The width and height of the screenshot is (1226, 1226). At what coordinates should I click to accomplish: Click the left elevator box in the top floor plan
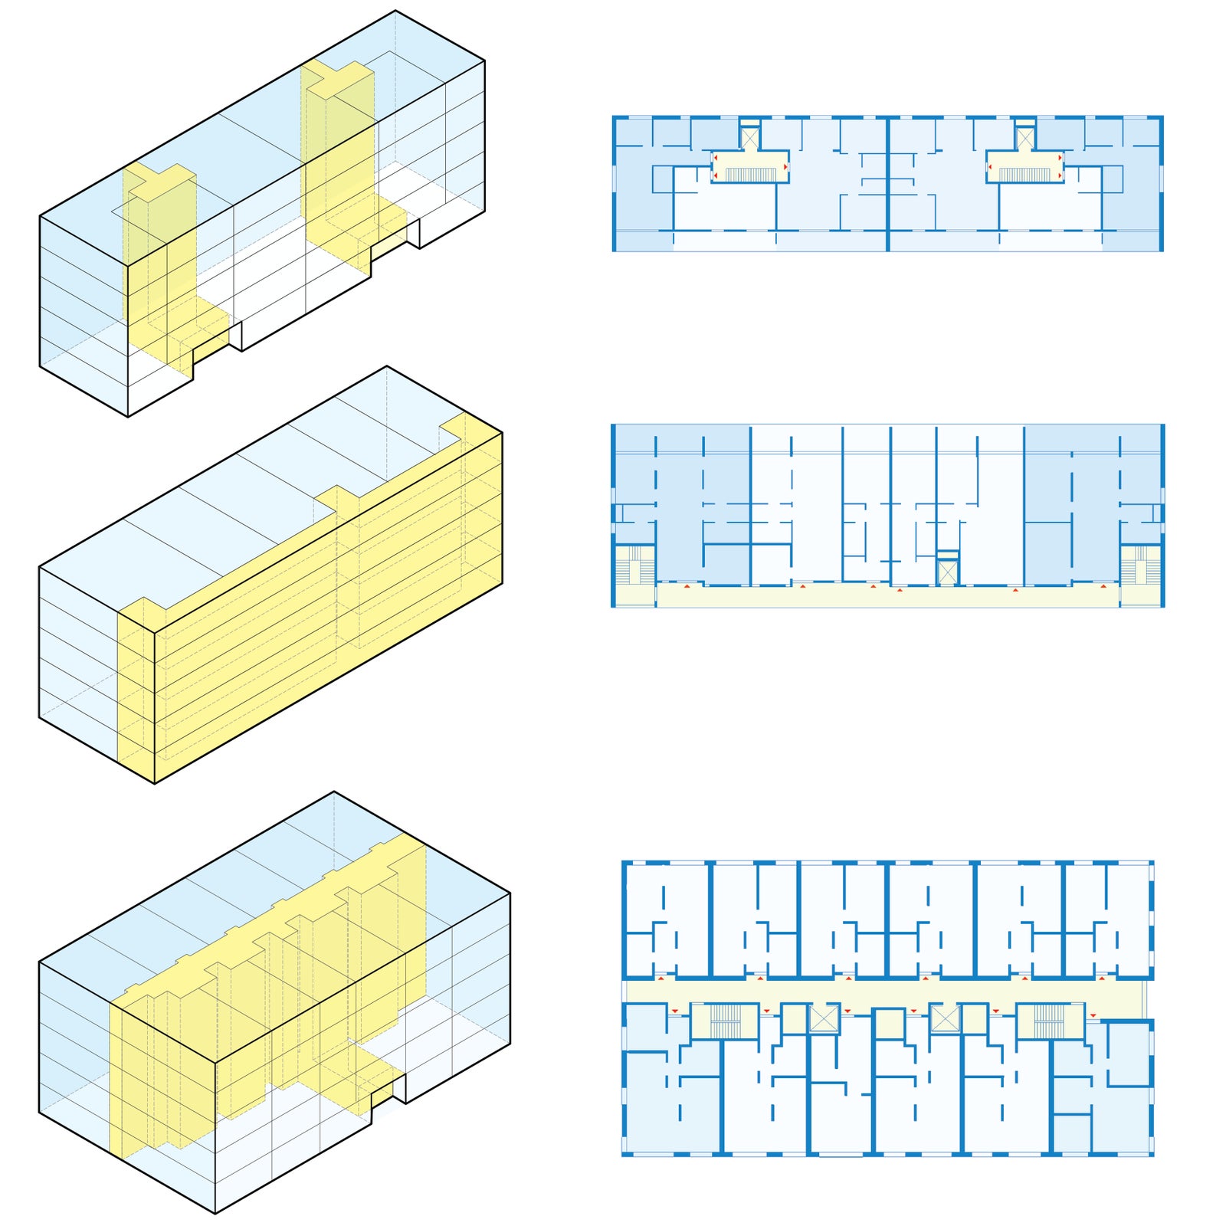(749, 139)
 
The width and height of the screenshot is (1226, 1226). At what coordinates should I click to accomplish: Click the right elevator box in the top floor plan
(1024, 139)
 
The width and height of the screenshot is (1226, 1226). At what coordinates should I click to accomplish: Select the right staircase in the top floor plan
(1024, 175)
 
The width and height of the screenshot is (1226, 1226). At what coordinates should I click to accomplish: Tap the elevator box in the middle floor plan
(948, 572)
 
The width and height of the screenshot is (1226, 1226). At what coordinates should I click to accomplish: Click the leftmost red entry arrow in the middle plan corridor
(687, 586)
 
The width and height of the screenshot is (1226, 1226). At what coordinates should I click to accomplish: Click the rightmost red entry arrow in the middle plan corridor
(1103, 586)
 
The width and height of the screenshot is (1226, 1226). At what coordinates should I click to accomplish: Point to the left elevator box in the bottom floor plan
(824, 1019)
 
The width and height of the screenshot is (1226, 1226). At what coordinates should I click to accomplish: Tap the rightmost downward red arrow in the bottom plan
(1093, 1015)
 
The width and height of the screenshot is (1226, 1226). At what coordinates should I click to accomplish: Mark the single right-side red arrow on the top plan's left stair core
(785, 166)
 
